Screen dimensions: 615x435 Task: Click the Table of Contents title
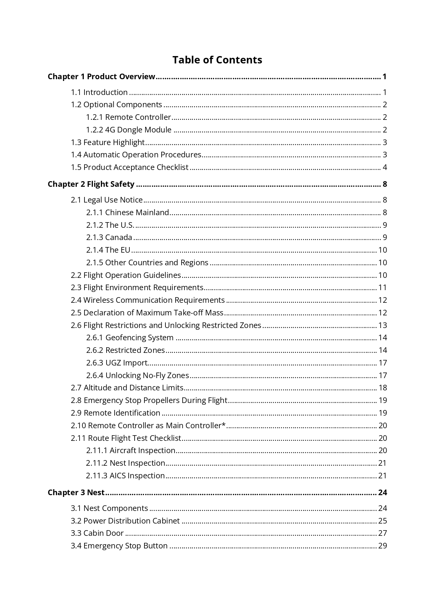coord(217,60)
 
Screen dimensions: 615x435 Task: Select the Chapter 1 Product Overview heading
coord(101,76)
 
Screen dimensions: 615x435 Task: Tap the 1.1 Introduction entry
coord(99,92)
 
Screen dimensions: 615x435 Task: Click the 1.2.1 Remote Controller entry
coord(129,117)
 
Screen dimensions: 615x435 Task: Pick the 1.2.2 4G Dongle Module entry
coord(129,130)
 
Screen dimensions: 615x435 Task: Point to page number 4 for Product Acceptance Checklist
coord(385,167)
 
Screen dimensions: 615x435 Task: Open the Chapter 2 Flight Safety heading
coord(91,184)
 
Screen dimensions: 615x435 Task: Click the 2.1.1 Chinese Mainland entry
coord(128,212)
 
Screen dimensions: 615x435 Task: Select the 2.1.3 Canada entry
coord(109,237)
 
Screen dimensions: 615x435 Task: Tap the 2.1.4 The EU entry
coord(108,250)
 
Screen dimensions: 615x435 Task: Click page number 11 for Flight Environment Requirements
coord(382,287)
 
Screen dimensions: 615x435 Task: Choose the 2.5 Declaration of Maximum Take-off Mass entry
coord(147,313)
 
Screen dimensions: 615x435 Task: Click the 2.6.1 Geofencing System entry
coord(130,337)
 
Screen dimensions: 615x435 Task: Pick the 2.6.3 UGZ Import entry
coord(117,363)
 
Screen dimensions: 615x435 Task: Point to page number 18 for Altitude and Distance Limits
coord(382,388)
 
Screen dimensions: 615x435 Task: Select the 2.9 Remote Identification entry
coord(115,413)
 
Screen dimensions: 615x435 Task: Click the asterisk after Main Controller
coord(224,425)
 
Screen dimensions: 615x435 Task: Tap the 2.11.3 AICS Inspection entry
coord(125,476)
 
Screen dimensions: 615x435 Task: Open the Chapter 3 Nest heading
coord(76,492)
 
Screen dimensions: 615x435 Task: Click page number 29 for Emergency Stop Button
coord(382,546)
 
